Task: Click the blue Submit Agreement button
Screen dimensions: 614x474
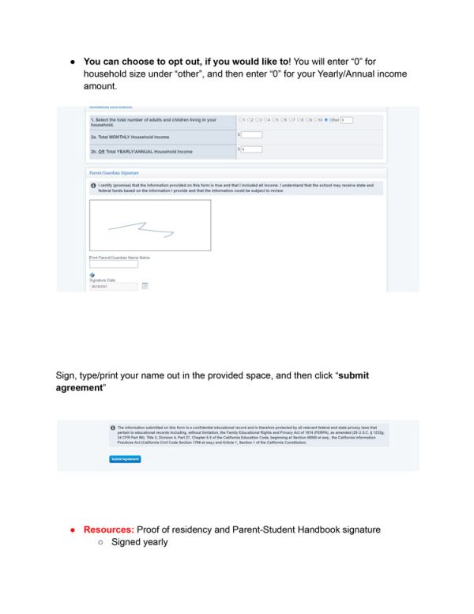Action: [x=125, y=459]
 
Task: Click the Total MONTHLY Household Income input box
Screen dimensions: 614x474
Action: [x=251, y=135]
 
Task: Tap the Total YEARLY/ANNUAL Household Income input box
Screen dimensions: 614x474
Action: [x=251, y=149]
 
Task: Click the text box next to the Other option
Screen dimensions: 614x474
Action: [x=347, y=120]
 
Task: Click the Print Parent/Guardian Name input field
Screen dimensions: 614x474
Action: [x=113, y=265]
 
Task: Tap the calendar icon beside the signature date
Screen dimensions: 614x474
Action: [x=145, y=286]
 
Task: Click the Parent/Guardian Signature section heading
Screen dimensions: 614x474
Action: [x=111, y=172]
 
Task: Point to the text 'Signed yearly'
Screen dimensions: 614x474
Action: [x=139, y=542]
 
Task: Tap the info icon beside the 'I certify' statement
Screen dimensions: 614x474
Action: [x=93, y=185]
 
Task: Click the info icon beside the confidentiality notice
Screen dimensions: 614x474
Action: [x=113, y=428]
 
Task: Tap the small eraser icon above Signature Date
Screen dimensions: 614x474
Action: [x=92, y=275]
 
